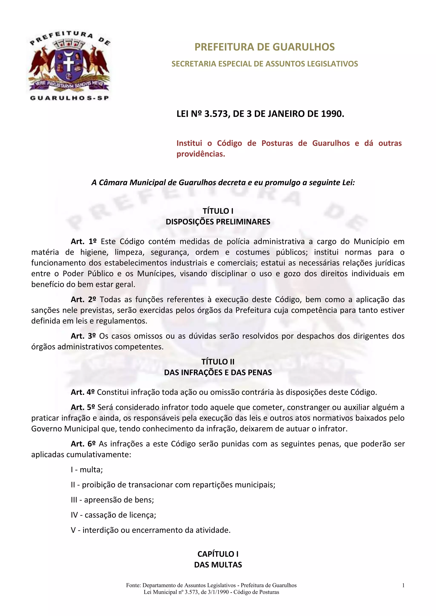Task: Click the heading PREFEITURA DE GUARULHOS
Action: [x=264, y=47]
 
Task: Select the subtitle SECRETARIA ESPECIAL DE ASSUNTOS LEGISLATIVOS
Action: [x=264, y=64]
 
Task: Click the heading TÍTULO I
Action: [x=218, y=211]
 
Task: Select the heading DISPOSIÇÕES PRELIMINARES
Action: [x=218, y=222]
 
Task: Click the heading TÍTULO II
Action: [x=218, y=362]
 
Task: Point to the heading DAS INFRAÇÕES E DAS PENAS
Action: [x=218, y=372]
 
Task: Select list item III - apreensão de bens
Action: [x=112, y=500]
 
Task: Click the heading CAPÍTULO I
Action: [x=218, y=554]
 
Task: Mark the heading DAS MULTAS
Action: [x=218, y=565]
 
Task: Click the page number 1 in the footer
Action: [x=403, y=585]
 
